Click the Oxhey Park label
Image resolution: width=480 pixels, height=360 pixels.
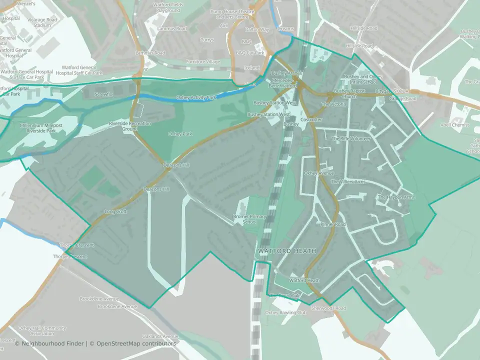click(180, 134)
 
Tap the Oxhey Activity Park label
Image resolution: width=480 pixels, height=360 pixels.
click(196, 97)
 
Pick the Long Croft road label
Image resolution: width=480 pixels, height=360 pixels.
click(115, 212)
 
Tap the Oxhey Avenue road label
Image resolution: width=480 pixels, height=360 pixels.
click(318, 173)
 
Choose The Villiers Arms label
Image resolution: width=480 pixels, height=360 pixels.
click(349, 182)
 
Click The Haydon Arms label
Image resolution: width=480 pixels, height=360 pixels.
click(396, 197)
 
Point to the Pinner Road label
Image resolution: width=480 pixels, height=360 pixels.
click(333, 224)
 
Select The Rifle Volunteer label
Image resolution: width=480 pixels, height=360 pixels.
click(351, 138)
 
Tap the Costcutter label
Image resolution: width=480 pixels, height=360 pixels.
click(311, 120)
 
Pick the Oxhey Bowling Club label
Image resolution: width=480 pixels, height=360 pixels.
click(285, 312)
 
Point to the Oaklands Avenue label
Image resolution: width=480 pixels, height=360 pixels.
click(160, 336)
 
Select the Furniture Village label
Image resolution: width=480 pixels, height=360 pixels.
click(202, 61)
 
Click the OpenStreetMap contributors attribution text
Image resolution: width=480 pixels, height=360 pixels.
click(136, 343)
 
